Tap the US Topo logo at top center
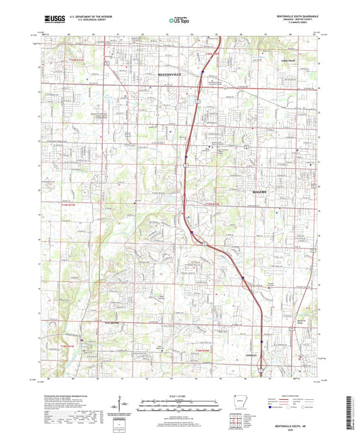tap(178, 22)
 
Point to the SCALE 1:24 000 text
tap(179, 396)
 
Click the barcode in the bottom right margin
tap(351, 411)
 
